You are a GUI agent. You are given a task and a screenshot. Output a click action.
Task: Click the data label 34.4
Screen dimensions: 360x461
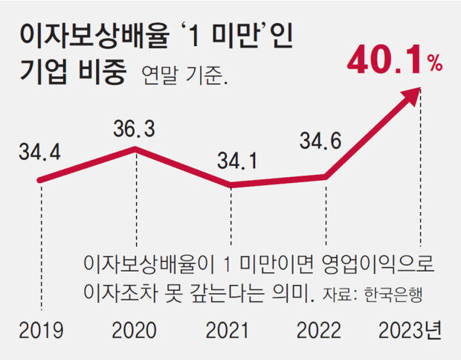coord(39,155)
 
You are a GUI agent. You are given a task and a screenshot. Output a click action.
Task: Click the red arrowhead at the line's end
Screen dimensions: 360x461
coord(415,94)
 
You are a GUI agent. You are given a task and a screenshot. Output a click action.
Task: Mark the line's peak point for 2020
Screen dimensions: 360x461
coord(135,149)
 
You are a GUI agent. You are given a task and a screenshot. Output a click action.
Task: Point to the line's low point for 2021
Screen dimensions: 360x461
coord(230,184)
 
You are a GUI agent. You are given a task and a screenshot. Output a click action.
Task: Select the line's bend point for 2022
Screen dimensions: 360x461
coord(326,176)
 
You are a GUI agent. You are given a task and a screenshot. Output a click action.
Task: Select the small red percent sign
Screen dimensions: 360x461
coord(434,66)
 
